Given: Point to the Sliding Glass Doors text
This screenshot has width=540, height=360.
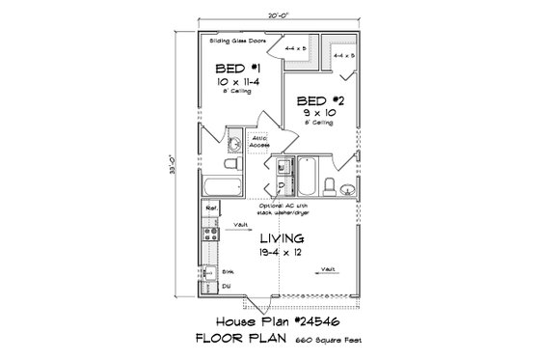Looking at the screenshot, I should pyautogui.click(x=237, y=43).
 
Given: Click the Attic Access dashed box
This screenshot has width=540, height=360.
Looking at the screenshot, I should pyautogui.click(x=259, y=141).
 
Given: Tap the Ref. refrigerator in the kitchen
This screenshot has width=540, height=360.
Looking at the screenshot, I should pyautogui.click(x=211, y=208).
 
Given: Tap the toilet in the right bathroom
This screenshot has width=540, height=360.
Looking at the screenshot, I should pyautogui.click(x=330, y=185).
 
